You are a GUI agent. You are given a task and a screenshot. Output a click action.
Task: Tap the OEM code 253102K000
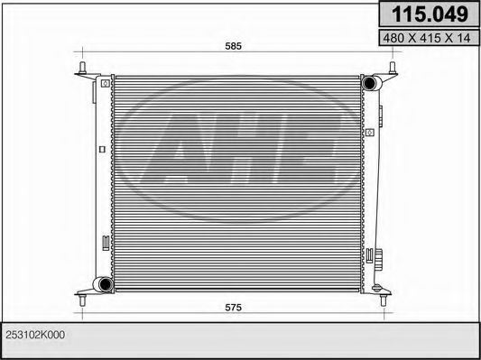[36, 335]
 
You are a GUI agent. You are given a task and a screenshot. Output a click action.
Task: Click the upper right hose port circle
[370, 84]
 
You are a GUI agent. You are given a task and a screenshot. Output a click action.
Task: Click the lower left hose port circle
[105, 285]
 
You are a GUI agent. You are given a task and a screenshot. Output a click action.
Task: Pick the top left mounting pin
[82, 69]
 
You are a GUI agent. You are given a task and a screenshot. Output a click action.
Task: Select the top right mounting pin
[394, 69]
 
